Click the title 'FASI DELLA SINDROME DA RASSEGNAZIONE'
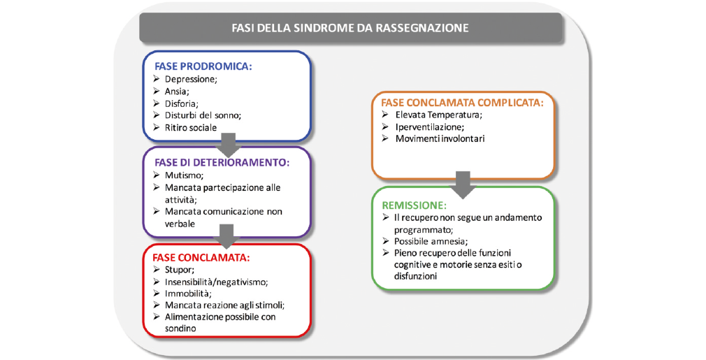350,28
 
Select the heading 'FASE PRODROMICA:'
203,66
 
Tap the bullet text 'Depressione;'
191,79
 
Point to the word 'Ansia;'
177,92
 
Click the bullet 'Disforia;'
182,103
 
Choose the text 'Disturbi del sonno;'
203,115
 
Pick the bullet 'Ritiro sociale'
190,127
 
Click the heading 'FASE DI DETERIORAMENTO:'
222,162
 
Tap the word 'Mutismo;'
184,175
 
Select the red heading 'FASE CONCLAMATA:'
201,258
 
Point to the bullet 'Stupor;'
179,270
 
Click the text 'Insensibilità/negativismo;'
216,282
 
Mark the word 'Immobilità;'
188,294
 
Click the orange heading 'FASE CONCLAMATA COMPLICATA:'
463,103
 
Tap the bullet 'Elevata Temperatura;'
438,115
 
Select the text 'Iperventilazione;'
430,127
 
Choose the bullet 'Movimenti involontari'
440,138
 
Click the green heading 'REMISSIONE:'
415,206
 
